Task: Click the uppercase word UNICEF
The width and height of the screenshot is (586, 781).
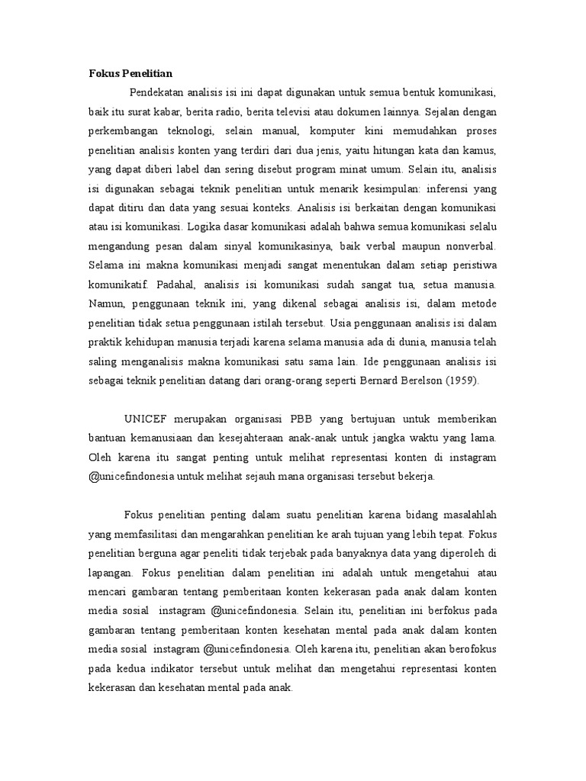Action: pyautogui.click(x=143, y=420)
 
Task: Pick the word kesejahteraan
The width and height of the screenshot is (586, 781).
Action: pyautogui.click(x=253, y=438)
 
